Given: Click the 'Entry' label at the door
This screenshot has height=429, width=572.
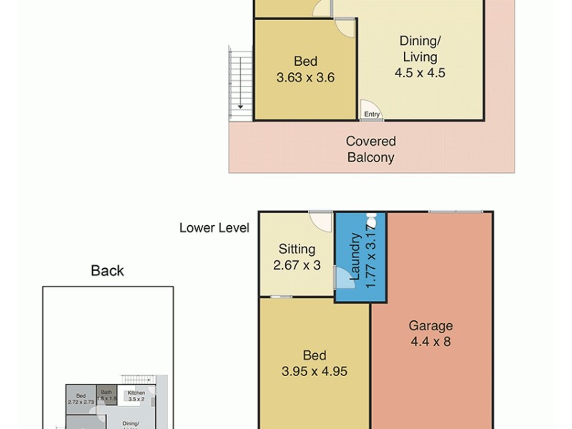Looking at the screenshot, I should [372, 114].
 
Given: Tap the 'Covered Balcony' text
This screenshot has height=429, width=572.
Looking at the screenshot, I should [371, 149].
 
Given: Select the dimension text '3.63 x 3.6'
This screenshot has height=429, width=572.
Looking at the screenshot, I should [306, 77].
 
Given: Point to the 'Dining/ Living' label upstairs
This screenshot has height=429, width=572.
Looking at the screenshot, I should [419, 49].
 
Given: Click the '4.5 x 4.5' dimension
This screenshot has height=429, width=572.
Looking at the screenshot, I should [420, 72].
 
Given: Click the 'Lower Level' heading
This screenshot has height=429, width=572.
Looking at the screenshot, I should [214, 228].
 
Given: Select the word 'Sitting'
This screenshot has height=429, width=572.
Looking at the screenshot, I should [297, 249].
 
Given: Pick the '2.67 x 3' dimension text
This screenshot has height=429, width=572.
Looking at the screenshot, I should [297, 265].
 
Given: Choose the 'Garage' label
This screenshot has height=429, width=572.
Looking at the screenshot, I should [430, 326].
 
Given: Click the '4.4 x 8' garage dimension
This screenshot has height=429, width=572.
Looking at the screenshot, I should [430, 342].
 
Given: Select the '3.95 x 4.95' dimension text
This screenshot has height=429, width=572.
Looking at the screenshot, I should [315, 372].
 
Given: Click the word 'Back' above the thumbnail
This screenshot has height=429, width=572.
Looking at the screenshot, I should [107, 270].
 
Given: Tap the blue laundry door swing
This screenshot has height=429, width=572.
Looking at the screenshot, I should [343, 277].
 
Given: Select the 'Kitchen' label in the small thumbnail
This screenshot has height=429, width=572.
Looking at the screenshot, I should [136, 393].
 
